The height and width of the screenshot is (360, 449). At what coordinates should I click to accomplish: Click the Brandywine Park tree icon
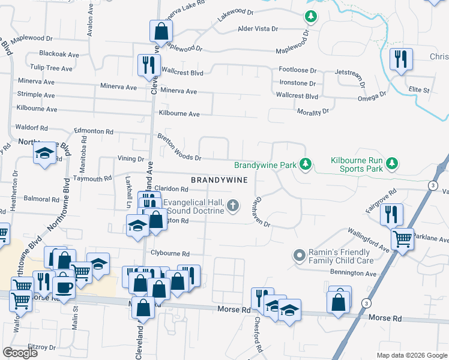click(x=306, y=164)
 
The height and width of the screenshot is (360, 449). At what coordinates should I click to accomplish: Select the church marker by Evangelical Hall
click(x=234, y=206)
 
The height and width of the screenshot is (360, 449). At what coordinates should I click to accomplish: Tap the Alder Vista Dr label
click(x=258, y=28)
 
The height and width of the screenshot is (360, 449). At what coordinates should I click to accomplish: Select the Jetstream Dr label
click(x=349, y=75)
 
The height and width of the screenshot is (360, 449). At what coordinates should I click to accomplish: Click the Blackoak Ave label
click(x=59, y=54)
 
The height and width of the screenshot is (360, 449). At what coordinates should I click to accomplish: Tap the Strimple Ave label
click(x=37, y=95)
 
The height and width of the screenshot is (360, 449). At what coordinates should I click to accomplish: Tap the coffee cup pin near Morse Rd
click(x=63, y=285)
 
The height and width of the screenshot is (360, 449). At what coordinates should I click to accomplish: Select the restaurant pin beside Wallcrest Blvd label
click(x=148, y=65)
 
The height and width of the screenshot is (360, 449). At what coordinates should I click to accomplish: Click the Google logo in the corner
click(x=20, y=353)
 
